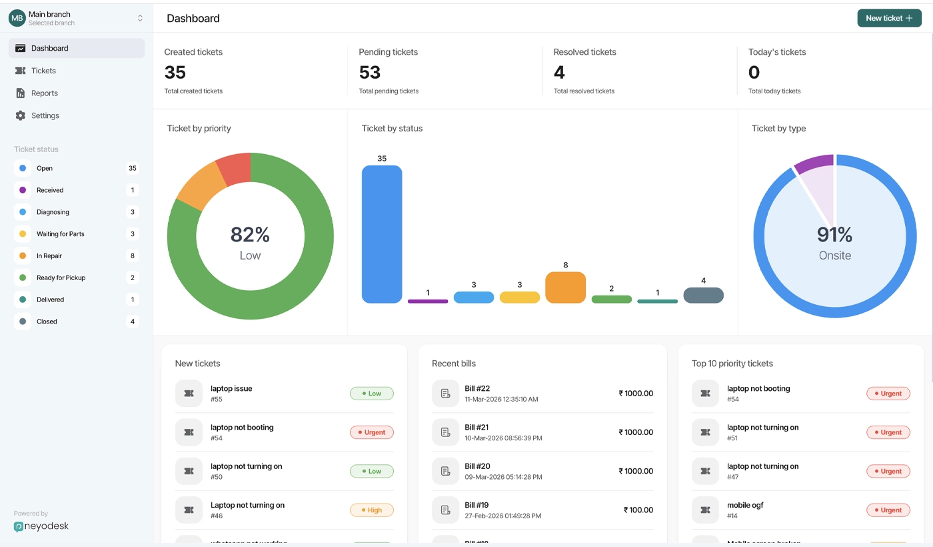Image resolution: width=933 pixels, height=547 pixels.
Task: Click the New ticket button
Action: point(889,19)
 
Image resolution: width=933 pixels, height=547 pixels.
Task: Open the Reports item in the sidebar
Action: point(45,93)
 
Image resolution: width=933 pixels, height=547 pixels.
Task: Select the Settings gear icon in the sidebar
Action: point(21,115)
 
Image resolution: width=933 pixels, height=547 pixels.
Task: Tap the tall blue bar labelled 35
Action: point(382,233)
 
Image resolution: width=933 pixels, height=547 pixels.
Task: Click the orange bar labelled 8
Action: point(565,288)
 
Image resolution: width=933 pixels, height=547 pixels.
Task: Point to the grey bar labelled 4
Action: point(703,295)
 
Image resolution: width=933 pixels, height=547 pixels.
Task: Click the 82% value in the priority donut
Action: point(250,235)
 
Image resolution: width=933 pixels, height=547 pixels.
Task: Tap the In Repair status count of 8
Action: point(133,255)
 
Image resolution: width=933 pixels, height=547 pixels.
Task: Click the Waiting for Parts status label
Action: point(61,234)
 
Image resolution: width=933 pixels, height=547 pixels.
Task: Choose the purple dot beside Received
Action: point(23,190)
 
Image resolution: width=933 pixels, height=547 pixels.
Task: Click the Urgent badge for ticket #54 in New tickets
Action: point(372,432)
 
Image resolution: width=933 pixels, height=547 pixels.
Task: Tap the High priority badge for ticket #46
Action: point(372,510)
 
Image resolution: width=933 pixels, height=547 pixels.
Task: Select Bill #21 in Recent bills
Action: point(477,428)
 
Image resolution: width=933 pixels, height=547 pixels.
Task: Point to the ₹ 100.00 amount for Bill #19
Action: point(638,510)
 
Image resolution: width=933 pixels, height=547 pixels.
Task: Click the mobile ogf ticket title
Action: point(745,505)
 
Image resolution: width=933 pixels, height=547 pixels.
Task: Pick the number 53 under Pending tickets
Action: point(370,72)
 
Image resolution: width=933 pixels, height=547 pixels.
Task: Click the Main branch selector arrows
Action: point(140,18)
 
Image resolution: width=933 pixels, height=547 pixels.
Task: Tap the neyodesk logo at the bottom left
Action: point(41,526)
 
